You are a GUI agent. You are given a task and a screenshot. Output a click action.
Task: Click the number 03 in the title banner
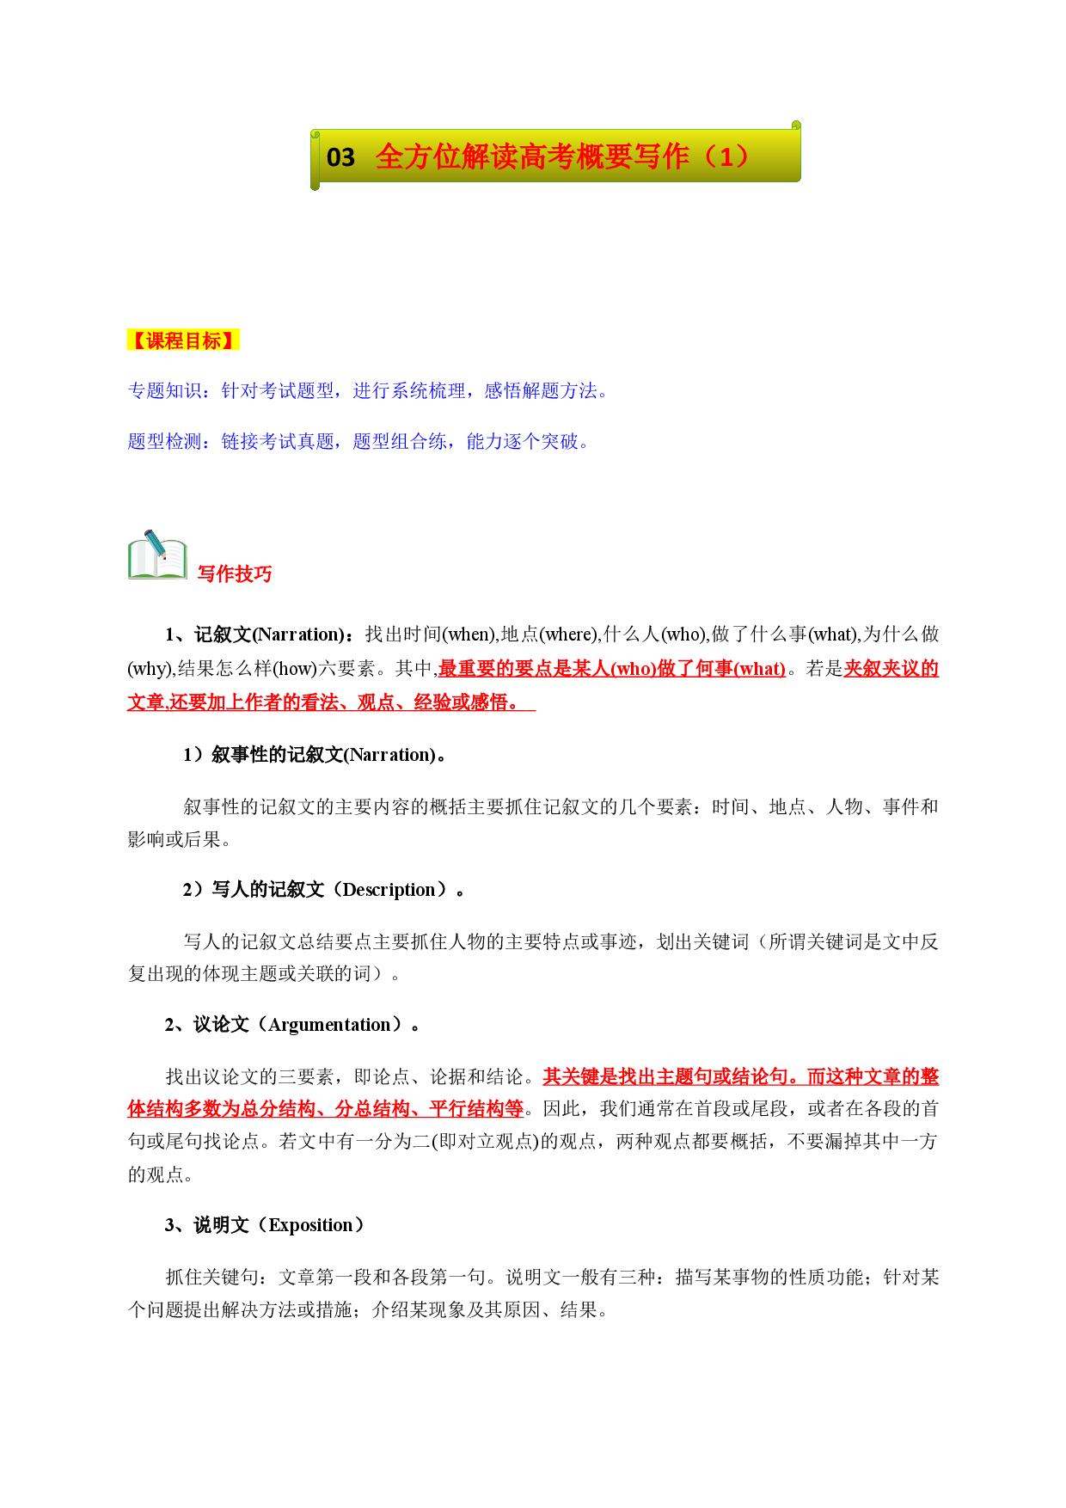point(340,157)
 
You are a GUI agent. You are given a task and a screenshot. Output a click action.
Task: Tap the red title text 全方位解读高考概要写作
point(532,156)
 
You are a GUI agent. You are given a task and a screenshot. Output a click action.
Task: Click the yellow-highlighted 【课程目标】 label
point(183,340)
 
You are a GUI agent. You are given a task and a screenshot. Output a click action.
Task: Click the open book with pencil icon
point(157,555)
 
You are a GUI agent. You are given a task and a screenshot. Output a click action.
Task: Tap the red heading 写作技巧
point(235,574)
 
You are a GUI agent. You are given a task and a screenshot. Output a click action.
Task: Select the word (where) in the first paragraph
point(567,634)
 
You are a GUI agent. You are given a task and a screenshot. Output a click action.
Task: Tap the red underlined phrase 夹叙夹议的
point(891,669)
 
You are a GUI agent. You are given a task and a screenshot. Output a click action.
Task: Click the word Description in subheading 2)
point(389,890)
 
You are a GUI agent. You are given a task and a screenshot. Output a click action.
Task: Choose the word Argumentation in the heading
point(329,1025)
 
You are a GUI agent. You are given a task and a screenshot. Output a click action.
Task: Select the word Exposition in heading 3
point(310,1225)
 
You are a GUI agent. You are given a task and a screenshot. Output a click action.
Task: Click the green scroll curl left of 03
point(316,159)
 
